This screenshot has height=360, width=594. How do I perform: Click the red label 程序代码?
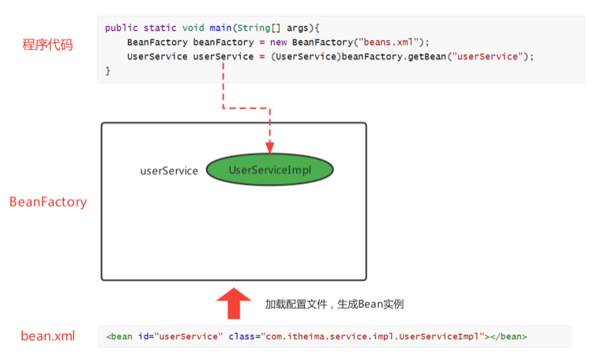pyautogui.click(x=47, y=45)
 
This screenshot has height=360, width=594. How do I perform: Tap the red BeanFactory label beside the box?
pyautogui.click(x=48, y=202)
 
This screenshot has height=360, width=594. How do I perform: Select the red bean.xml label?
pyautogui.click(x=47, y=336)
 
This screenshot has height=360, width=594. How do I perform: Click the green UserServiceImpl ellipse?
pyautogui.click(x=269, y=170)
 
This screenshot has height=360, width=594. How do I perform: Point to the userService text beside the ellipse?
pyautogui.click(x=169, y=171)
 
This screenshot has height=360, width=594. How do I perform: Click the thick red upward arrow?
pyautogui.click(x=234, y=303)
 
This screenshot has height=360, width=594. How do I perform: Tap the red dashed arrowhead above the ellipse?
pyautogui.click(x=269, y=148)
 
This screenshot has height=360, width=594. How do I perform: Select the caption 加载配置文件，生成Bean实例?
pyautogui.click(x=334, y=304)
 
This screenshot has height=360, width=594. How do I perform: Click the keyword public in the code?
pyautogui.click(x=121, y=28)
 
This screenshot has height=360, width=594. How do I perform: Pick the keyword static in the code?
pyautogui.click(x=160, y=28)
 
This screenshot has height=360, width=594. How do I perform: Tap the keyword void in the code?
pyautogui.click(x=194, y=28)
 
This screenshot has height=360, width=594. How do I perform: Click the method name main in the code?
pyautogui.click(x=220, y=28)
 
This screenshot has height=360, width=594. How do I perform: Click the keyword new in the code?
pyautogui.click(x=278, y=43)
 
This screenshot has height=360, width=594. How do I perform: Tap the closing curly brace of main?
pyautogui.click(x=108, y=71)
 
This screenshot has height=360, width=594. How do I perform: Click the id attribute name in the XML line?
pyautogui.click(x=143, y=336)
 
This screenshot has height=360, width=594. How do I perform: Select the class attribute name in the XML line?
pyautogui.click(x=242, y=336)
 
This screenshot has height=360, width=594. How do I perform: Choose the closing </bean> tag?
pyautogui.click(x=509, y=336)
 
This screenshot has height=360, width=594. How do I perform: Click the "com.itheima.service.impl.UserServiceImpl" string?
pyautogui.click(x=373, y=336)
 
